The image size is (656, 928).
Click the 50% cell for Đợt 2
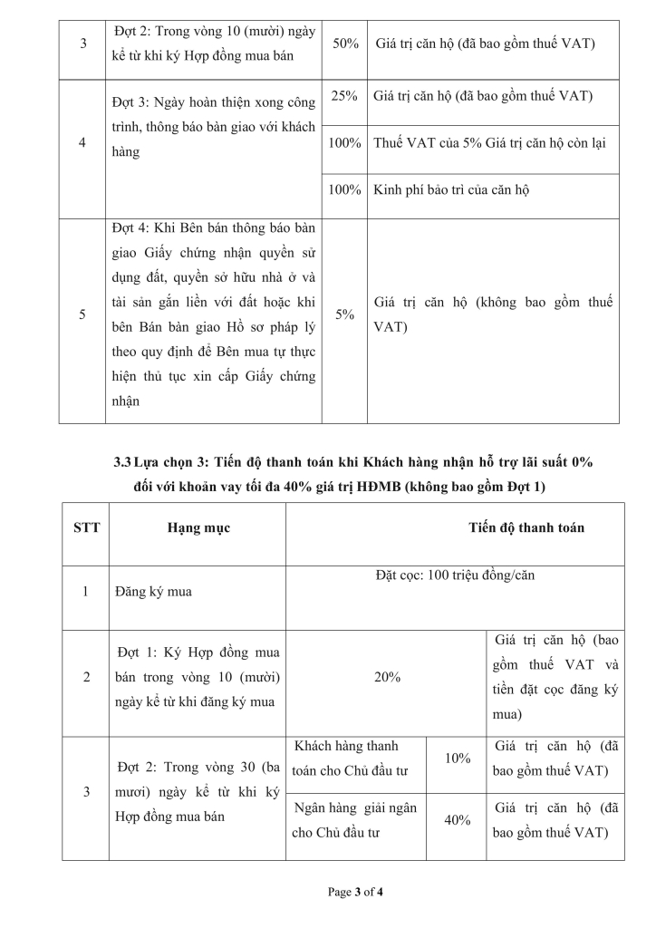pos(344,43)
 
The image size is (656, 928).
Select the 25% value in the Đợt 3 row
pos(344,96)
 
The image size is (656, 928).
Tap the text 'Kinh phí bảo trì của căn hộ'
pos(451,190)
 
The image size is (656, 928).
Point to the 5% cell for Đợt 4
pos(344,314)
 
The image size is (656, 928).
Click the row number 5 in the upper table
pos(82,314)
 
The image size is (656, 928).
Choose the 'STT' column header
pos(86,527)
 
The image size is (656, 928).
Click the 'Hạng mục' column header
pos(198,527)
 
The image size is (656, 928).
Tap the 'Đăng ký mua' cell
pos(146,592)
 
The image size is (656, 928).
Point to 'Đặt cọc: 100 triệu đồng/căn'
pos(454,575)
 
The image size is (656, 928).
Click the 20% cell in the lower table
pos(387,677)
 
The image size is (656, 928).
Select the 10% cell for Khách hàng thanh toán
pos(458,758)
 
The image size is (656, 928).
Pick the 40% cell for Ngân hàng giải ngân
pos(458,819)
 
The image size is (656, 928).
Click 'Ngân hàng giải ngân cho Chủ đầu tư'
pos(355,819)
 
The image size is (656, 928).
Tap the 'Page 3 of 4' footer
pos(355,893)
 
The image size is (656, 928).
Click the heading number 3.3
pos(122,462)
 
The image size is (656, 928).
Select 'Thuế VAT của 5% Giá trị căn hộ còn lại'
pos(489,143)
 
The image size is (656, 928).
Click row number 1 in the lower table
pos(86,592)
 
